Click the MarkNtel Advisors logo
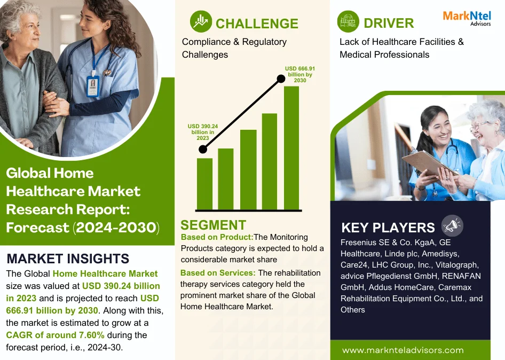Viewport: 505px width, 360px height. pyautogui.click(x=467, y=18)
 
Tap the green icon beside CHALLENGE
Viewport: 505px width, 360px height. pyautogui.click(x=201, y=21)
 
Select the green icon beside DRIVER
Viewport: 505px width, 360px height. pyautogui.click(x=348, y=21)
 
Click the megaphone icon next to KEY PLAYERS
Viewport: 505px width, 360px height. pyautogui.click(x=452, y=225)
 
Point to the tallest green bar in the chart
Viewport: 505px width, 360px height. pyautogui.click(x=291, y=148)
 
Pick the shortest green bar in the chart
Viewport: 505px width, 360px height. pyautogui.click(x=204, y=184)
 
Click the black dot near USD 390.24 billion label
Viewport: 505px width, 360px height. pyautogui.click(x=203, y=149)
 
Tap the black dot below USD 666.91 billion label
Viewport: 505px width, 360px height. pyautogui.click(x=281, y=79)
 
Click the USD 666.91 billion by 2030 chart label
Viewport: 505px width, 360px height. pyautogui.click(x=300, y=74)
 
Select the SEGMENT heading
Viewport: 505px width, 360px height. pyautogui.click(x=213, y=225)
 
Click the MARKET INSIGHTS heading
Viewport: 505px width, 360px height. pyautogui.click(x=68, y=259)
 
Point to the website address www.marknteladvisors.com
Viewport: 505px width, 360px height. pyautogui.click(x=403, y=350)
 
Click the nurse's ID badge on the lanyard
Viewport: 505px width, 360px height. pyautogui.click(x=93, y=87)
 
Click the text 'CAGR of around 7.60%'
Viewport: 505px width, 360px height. pyautogui.click(x=55, y=335)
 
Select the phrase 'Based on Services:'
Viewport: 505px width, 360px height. pyautogui.click(x=218, y=273)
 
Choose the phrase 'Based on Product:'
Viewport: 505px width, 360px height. pyautogui.click(x=217, y=237)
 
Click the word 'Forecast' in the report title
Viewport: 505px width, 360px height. pyautogui.click(x=37, y=228)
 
